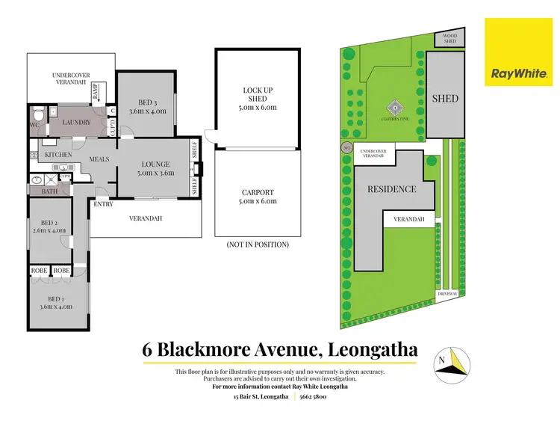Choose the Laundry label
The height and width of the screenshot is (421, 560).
(x=77, y=123)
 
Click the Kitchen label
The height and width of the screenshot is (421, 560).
(x=59, y=155)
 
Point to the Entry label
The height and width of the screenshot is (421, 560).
(x=103, y=203)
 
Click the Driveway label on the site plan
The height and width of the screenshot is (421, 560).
(x=448, y=295)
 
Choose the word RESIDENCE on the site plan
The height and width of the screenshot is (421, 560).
(x=391, y=189)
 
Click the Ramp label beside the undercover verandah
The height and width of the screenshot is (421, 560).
(x=96, y=91)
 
